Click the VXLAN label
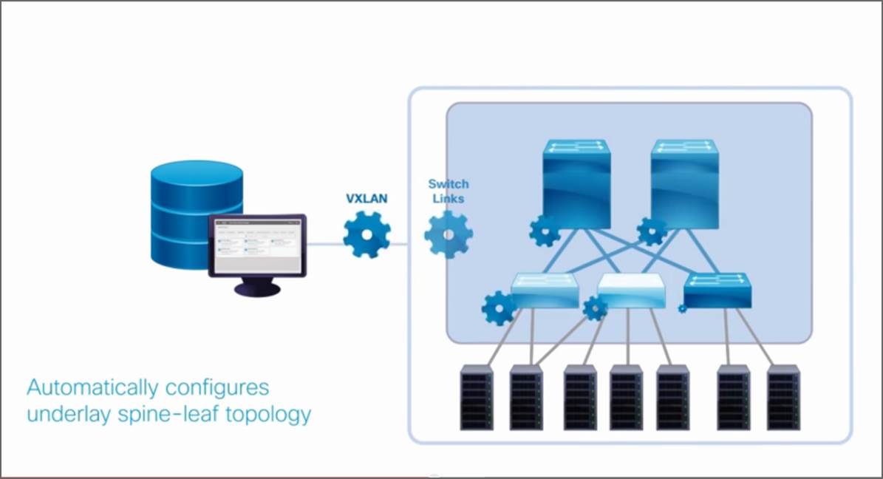367,198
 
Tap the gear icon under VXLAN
367,234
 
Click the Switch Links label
449,191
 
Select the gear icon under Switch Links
449,234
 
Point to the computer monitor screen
256,245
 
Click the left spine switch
576,183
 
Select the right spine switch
685,183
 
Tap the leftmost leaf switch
545,291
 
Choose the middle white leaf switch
631,291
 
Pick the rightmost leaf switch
717,290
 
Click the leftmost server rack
477,398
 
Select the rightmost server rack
783,398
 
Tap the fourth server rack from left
626,398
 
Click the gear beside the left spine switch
545,231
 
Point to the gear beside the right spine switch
652,231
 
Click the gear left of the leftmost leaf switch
499,308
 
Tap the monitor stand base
257,289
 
